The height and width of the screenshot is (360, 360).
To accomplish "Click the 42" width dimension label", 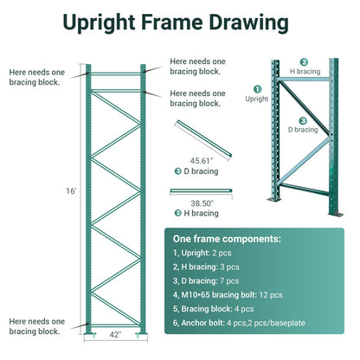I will (x=114, y=335).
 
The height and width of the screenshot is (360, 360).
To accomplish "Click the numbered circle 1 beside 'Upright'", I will (x=257, y=88).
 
